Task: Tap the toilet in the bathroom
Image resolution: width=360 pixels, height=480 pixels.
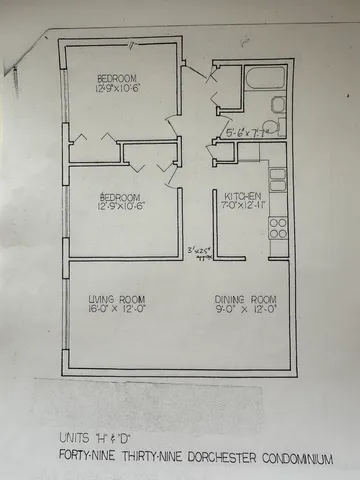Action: coord(279,126)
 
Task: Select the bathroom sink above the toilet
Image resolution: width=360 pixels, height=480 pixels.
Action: coord(279,105)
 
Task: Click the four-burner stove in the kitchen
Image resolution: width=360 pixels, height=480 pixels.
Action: coord(279,228)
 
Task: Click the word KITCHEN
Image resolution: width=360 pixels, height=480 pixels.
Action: coord(242,196)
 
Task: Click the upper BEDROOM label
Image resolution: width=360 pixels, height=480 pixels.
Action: coord(117,79)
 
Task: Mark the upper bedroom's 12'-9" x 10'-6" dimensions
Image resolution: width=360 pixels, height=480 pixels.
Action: coord(117,89)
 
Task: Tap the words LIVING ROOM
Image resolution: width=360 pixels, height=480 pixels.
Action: coord(116,299)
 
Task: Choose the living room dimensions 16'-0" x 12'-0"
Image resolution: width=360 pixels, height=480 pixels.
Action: coord(116,309)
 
